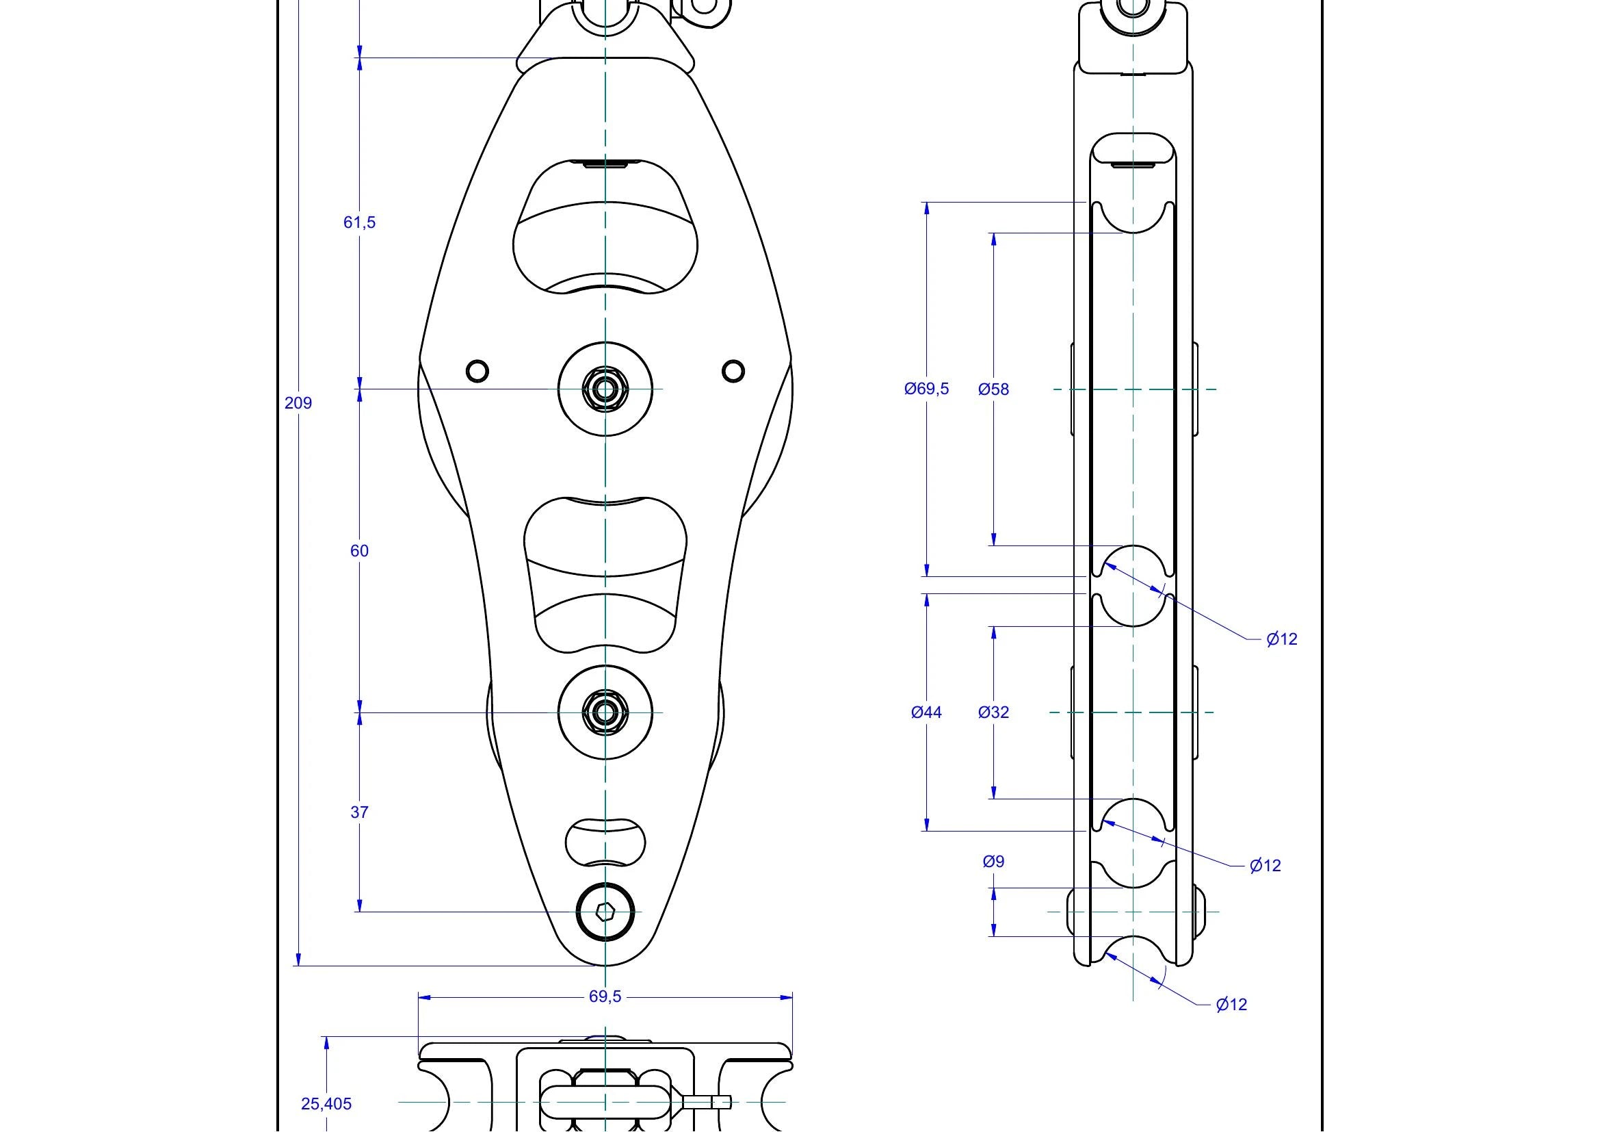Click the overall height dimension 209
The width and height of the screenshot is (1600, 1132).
click(x=298, y=403)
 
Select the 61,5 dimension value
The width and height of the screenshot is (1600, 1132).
click(x=360, y=222)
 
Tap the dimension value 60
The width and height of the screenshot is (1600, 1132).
click(x=360, y=551)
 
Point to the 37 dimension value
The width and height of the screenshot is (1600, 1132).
click(x=360, y=812)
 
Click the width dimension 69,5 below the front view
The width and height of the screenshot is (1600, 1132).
click(x=605, y=996)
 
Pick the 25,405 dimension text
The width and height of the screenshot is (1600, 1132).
click(x=326, y=1103)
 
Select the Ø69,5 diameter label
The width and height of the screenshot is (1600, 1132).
click(x=927, y=389)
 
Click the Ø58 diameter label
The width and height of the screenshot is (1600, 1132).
click(x=994, y=389)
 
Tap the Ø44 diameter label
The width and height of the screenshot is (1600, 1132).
click(x=927, y=712)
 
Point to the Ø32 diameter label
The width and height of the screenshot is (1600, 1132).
click(x=994, y=712)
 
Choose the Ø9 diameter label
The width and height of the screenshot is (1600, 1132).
click(x=994, y=862)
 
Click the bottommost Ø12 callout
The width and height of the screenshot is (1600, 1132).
click(x=1231, y=1005)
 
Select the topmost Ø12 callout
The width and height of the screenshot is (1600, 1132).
click(x=1282, y=639)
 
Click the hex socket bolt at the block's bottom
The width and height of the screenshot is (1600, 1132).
click(x=605, y=911)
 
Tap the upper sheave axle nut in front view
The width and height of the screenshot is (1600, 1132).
click(x=605, y=389)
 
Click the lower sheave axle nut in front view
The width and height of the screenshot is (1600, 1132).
click(x=605, y=712)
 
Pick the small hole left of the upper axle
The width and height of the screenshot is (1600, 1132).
click(x=477, y=371)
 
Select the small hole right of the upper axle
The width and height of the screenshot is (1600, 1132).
click(x=733, y=371)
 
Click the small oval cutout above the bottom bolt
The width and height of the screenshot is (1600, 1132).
click(x=605, y=842)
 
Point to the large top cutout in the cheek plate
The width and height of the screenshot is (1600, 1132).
click(x=605, y=227)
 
